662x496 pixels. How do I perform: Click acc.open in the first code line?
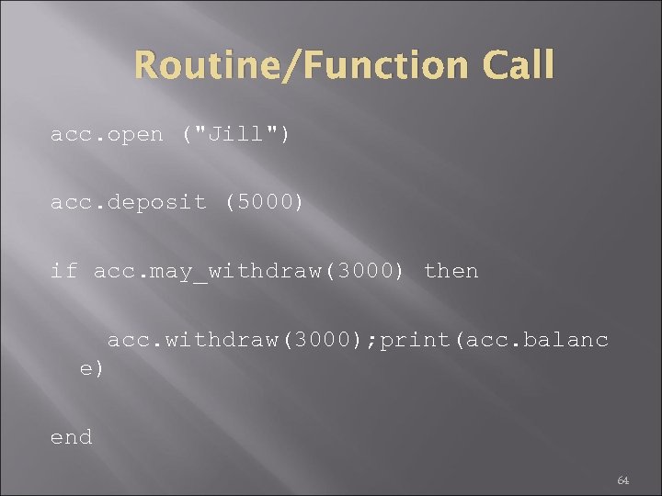coord(107,134)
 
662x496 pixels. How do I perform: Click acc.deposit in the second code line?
coord(129,202)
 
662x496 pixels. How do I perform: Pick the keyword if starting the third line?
coord(63,271)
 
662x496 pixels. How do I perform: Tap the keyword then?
coord(451,271)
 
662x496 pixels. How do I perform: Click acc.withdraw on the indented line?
coord(194,340)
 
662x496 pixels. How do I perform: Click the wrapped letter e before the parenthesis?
coord(86,369)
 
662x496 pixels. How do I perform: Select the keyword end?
coord(71,437)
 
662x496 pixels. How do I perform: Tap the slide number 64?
coord(622,480)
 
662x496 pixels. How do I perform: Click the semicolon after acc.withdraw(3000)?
coord(370,341)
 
